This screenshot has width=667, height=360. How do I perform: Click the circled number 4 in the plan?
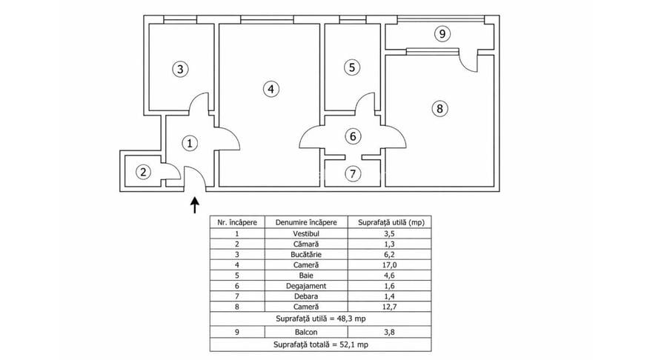(272, 89)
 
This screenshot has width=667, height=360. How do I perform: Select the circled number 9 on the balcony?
(442, 33)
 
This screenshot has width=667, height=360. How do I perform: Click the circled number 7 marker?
(353, 174)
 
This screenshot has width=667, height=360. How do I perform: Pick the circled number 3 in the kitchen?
(181, 70)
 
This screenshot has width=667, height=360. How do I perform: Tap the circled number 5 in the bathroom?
(353, 67)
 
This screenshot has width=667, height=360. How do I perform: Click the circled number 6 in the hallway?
(353, 136)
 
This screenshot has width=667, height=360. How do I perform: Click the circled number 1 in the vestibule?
(190, 143)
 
